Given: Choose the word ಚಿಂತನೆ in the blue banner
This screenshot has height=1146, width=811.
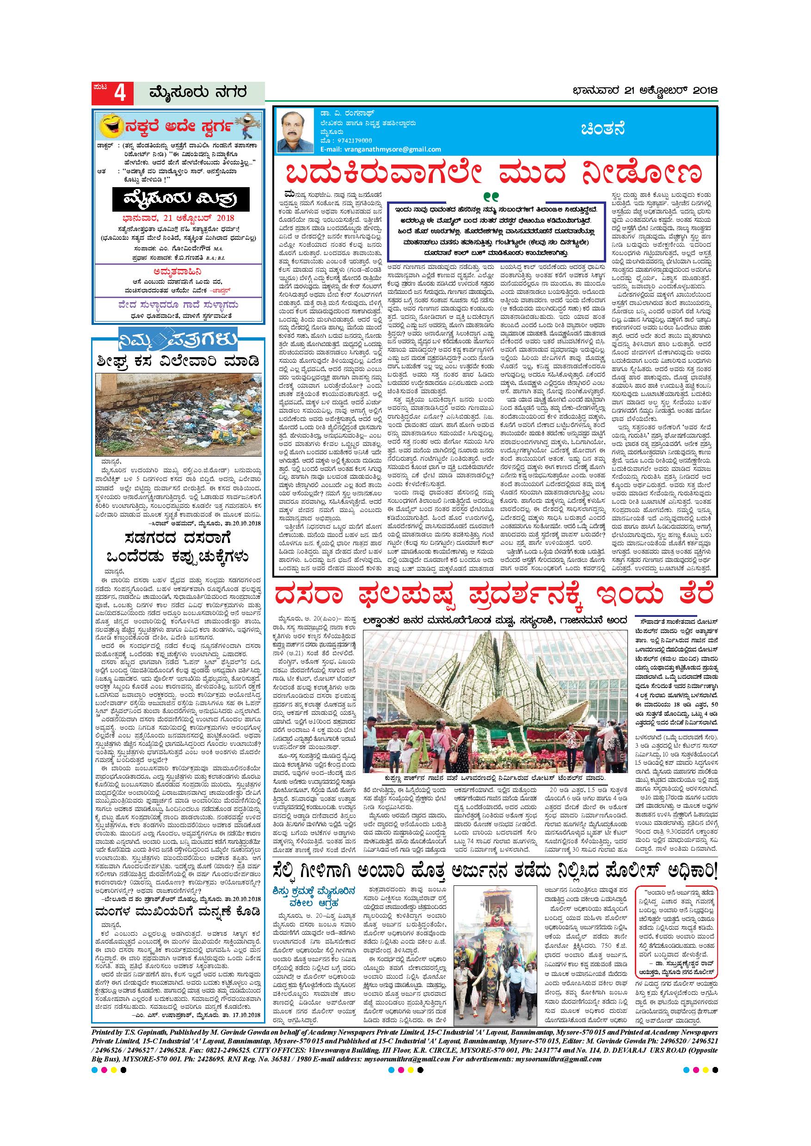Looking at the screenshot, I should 603,129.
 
